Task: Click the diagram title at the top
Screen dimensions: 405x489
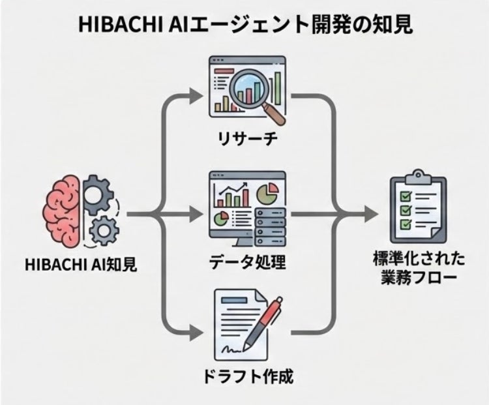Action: (x=244, y=24)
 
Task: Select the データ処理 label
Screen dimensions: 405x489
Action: (x=247, y=263)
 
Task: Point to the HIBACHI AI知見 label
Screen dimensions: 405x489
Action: (x=80, y=265)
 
